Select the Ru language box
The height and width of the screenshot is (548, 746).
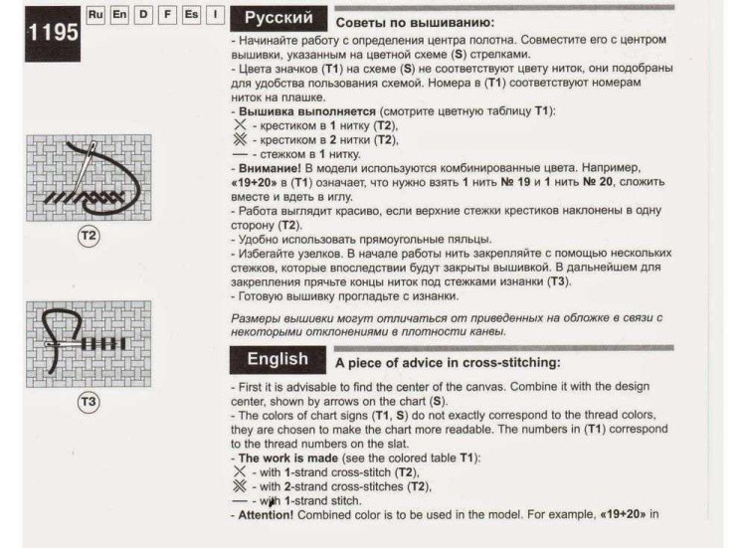(95, 17)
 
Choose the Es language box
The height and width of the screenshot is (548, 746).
(190, 17)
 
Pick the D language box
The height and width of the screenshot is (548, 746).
(143, 17)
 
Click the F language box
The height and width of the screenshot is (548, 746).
(166, 17)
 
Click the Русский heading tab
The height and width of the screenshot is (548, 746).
(279, 18)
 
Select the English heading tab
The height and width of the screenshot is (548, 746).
(278, 359)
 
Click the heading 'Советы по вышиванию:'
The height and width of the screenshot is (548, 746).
(415, 21)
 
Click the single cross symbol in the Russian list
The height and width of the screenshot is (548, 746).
(239, 125)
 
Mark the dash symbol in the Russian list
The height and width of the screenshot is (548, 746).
(240, 155)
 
